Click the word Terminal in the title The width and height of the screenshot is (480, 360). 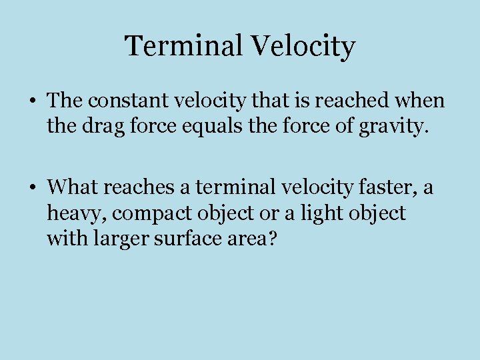[184, 47]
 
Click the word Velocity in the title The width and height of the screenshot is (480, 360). [303, 47]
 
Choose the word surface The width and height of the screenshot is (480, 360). [182, 237]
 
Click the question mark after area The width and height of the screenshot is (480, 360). [269, 237]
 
